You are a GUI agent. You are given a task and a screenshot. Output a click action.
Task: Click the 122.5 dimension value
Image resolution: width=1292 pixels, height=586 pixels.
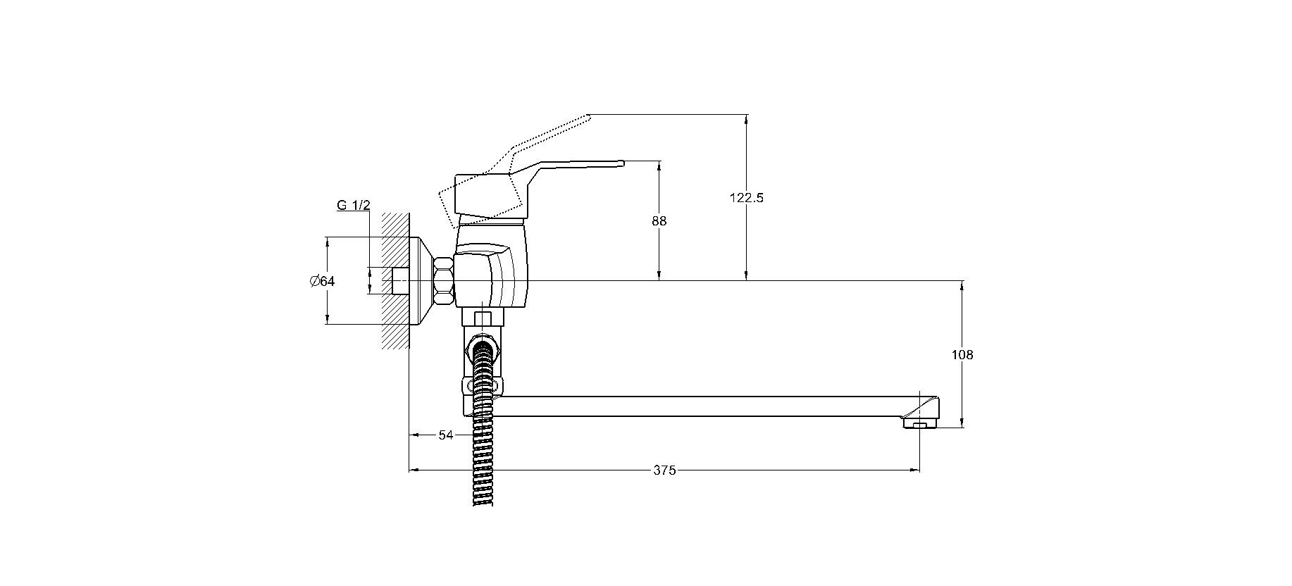pyautogui.click(x=746, y=198)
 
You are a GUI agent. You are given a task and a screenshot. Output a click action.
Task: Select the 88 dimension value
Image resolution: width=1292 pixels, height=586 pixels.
pyautogui.click(x=659, y=221)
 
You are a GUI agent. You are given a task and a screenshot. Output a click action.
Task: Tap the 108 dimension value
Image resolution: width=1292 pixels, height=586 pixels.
pyautogui.click(x=962, y=355)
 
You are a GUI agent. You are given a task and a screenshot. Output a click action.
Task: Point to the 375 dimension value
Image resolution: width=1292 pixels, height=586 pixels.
pyautogui.click(x=664, y=470)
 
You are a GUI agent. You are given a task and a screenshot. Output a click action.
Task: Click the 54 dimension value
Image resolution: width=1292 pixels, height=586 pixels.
pyautogui.click(x=446, y=435)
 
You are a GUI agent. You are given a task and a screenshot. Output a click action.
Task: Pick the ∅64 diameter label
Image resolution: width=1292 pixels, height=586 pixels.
pyautogui.click(x=322, y=281)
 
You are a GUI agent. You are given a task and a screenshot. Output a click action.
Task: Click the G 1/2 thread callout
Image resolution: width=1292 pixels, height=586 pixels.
pyautogui.click(x=354, y=206)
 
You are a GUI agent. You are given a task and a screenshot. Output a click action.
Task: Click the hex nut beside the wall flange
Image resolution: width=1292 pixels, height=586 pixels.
pyautogui.click(x=444, y=281)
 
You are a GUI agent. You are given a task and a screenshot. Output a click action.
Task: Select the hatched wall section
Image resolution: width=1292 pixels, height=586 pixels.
pyautogui.click(x=395, y=281)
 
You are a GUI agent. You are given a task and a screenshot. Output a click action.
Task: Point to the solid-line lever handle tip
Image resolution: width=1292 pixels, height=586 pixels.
pyautogui.click(x=622, y=163)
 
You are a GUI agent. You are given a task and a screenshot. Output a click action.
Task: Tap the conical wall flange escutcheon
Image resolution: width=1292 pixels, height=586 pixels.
pyautogui.click(x=421, y=281)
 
